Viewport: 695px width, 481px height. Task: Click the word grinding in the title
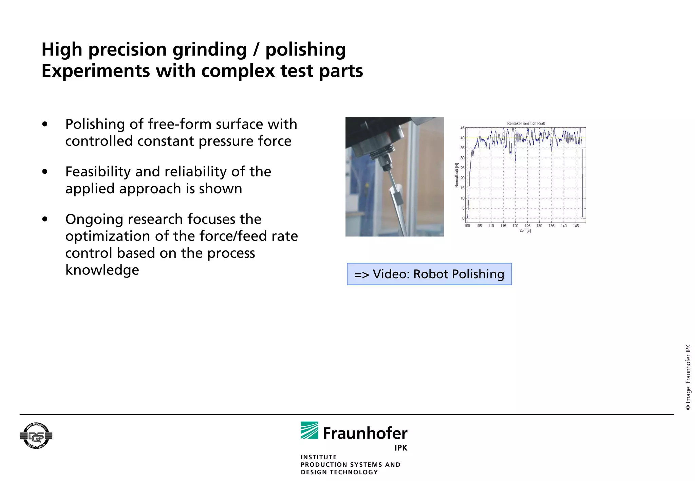[209, 50]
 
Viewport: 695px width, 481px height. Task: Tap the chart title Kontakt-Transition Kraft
[526, 123]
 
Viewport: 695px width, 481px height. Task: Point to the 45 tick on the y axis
[462, 128]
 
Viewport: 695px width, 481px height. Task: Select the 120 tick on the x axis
[515, 226]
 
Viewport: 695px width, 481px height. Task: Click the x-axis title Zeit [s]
[525, 231]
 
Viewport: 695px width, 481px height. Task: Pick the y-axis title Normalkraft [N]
[457, 175]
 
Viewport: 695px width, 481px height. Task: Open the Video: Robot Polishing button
[429, 274]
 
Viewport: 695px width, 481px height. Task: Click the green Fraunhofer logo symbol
[309, 430]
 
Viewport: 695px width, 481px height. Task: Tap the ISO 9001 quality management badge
[36, 436]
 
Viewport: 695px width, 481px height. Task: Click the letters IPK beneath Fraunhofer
[400, 448]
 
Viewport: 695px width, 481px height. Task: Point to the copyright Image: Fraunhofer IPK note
[688, 377]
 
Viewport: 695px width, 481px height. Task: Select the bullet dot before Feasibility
[45, 172]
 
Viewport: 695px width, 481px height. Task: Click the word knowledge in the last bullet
[102, 270]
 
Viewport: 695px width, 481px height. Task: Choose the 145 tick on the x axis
[576, 226]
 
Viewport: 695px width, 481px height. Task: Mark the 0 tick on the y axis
[463, 218]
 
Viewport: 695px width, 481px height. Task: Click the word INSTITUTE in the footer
[318, 457]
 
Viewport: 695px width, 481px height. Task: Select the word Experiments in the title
[95, 71]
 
